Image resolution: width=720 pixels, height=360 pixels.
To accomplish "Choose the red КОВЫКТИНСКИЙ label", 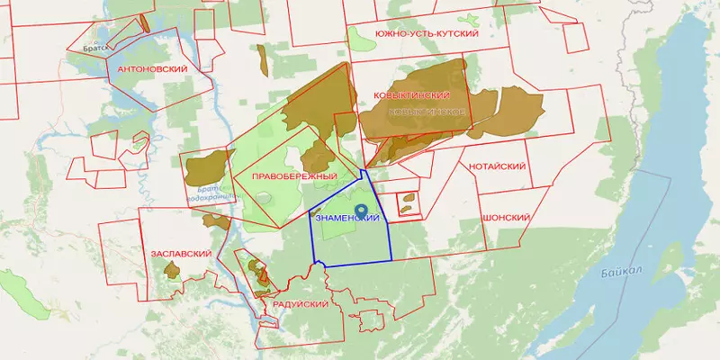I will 414,94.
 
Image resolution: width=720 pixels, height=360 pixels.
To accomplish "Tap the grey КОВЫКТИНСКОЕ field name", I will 426,111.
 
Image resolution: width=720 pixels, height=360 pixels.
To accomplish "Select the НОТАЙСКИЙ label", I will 497,166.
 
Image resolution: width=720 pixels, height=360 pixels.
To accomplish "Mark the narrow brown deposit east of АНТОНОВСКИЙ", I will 262,60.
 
